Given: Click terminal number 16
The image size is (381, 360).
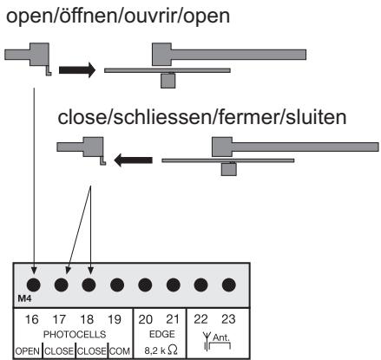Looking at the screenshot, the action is click(32, 319).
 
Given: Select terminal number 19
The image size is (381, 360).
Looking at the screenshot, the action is click(115, 319).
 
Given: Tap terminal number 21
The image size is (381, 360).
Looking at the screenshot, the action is click(173, 319).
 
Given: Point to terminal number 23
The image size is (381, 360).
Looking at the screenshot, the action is click(228, 319).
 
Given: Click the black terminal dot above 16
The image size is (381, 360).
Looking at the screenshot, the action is click(34, 285).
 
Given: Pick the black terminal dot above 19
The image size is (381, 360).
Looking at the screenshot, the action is click(117, 285).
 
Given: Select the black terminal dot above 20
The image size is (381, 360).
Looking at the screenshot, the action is click(145, 285).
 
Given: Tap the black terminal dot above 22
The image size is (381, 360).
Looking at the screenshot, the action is click(200, 285).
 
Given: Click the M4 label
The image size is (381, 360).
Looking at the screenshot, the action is click(24, 298).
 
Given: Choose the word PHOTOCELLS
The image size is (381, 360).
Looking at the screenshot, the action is click(75, 335).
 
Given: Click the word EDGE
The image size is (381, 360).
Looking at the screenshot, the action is click(162, 334).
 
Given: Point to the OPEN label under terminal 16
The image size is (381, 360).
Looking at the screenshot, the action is click(28, 351).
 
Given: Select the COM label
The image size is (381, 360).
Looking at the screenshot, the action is click(120, 351).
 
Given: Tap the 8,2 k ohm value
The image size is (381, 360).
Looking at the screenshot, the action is click(161, 350).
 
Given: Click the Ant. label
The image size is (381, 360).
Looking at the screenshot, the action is click(221, 337).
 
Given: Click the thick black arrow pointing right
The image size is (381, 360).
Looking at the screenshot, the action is click(77, 70).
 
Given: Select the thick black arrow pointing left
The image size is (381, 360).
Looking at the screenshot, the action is click(133, 160).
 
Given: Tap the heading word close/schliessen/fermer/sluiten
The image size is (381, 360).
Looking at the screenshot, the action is click(202, 117).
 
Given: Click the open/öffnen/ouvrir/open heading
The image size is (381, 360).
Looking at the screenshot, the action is click(118, 16).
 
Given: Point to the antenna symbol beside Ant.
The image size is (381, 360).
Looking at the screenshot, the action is click(207, 341).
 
